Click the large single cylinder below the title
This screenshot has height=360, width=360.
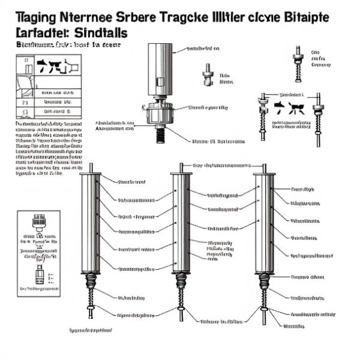point(160,69)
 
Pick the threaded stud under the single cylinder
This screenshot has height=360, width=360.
point(160,135)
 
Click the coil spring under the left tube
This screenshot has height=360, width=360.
point(92,282)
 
